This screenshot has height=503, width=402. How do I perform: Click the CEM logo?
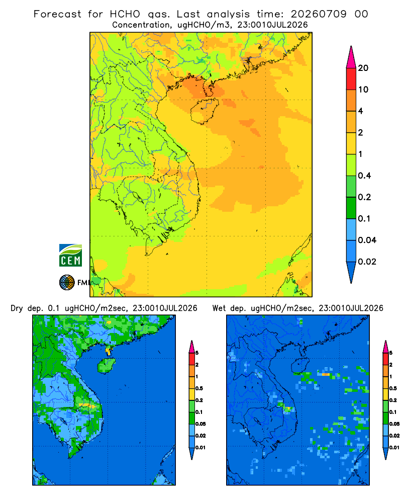coord(70,255)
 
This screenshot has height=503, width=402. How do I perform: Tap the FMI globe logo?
coord(67,283)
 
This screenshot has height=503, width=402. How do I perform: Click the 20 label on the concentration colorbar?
coord(363,68)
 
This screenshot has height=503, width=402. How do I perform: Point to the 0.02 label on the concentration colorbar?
coord(367,262)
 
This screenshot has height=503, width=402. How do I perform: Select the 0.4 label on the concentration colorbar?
coord(364,176)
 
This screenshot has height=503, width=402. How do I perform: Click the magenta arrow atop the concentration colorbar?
coord(351,57)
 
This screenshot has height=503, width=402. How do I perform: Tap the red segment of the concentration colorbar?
coord(351,79)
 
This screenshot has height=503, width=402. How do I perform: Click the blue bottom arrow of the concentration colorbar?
coord(351,272)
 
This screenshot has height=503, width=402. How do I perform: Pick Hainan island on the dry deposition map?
coord(107,365)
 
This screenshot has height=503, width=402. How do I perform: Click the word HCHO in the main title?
coord(125,14)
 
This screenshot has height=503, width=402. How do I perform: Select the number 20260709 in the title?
coord(318,14)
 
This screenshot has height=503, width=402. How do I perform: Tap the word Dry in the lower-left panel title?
coord(17,308)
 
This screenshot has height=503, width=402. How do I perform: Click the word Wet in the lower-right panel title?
coord(220,308)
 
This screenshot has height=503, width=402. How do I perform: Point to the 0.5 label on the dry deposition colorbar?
coord(199,388)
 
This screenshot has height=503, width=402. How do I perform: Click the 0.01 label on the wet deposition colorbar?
coord(394,448)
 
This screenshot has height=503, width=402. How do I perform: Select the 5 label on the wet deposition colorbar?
coord(390,353)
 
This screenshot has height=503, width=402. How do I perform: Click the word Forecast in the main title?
coord(57,14)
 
